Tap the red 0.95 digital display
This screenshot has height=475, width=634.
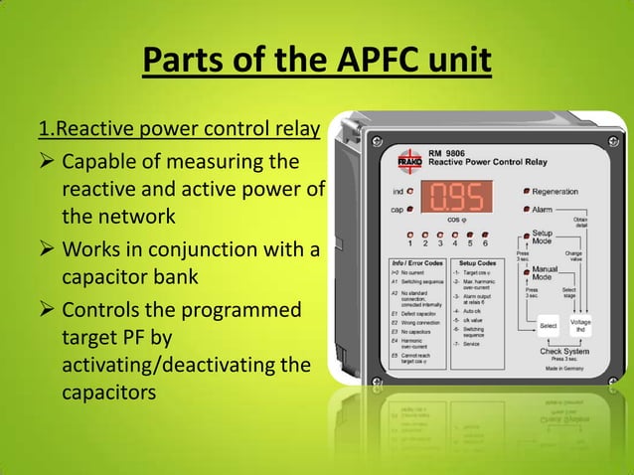click(x=453, y=196)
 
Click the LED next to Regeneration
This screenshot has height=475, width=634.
click(x=525, y=190)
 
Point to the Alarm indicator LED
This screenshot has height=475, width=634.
click(x=525, y=210)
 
